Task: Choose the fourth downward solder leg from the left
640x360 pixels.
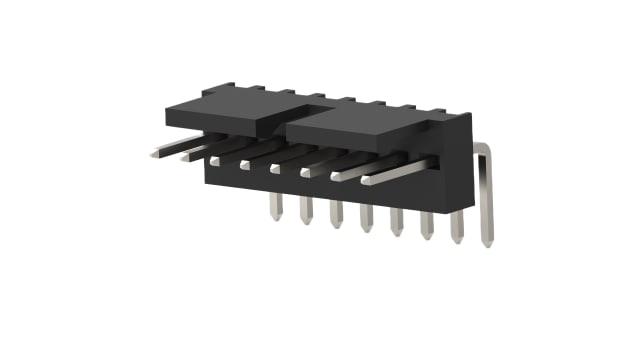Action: [x=366, y=218]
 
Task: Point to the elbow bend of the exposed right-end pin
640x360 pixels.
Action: [x=483, y=150]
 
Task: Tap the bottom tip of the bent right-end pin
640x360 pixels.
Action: [x=486, y=240]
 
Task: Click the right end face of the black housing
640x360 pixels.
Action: [x=456, y=175]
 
